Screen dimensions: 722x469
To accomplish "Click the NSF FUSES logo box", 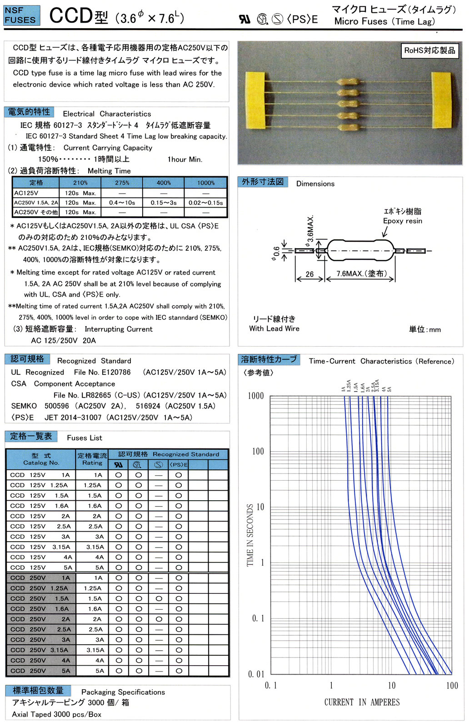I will (21, 15).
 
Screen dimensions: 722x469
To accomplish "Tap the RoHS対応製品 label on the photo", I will (429, 50).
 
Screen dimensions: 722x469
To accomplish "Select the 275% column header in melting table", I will (122, 183).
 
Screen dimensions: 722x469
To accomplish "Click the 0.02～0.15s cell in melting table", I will (205, 203).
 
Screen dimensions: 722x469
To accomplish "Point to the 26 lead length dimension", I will (309, 274).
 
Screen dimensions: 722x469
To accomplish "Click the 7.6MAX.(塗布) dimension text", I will (361, 274).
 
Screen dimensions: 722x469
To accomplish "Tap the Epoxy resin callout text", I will (402, 221).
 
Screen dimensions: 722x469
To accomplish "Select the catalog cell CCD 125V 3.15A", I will (40, 547).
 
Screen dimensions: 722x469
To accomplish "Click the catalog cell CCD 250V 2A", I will (40, 619).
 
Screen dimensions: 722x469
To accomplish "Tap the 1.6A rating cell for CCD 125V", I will (95, 506).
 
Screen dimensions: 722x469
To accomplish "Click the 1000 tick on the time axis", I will (255, 396).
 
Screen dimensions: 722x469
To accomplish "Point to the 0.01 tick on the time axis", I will (256, 674).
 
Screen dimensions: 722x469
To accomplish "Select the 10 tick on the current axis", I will (391, 686).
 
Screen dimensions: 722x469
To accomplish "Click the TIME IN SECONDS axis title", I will (250, 535).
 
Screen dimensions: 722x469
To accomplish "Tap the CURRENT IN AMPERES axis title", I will (362, 702).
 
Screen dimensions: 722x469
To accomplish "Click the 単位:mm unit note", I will (424, 329).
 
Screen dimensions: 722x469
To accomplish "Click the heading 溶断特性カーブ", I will (269, 359).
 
